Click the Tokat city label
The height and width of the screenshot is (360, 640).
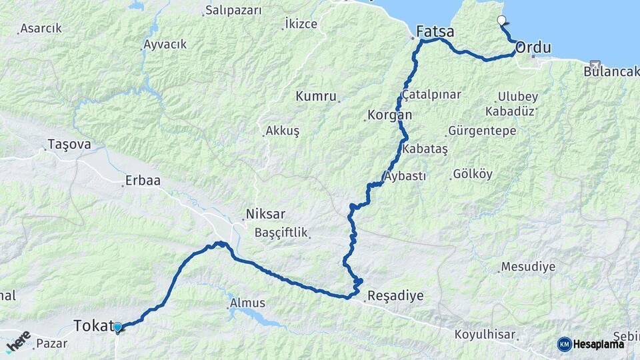click(x=91, y=326)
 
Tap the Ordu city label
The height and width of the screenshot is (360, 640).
click(x=533, y=47)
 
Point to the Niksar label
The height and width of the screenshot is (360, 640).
click(x=265, y=215)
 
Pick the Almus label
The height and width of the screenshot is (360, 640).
click(x=247, y=303)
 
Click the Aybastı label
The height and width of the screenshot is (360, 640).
click(x=405, y=176)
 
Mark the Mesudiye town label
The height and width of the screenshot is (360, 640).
click(x=528, y=267)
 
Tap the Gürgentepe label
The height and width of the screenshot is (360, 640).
click(x=482, y=131)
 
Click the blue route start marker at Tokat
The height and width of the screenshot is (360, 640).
click(x=118, y=327)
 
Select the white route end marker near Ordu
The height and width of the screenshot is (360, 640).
click(x=501, y=21)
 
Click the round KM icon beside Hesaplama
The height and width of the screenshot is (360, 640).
click(x=565, y=344)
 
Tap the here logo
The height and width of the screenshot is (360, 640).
click(x=18, y=341)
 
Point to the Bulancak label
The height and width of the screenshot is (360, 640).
click(x=611, y=71)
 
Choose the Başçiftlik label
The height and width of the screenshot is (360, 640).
click(x=281, y=233)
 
